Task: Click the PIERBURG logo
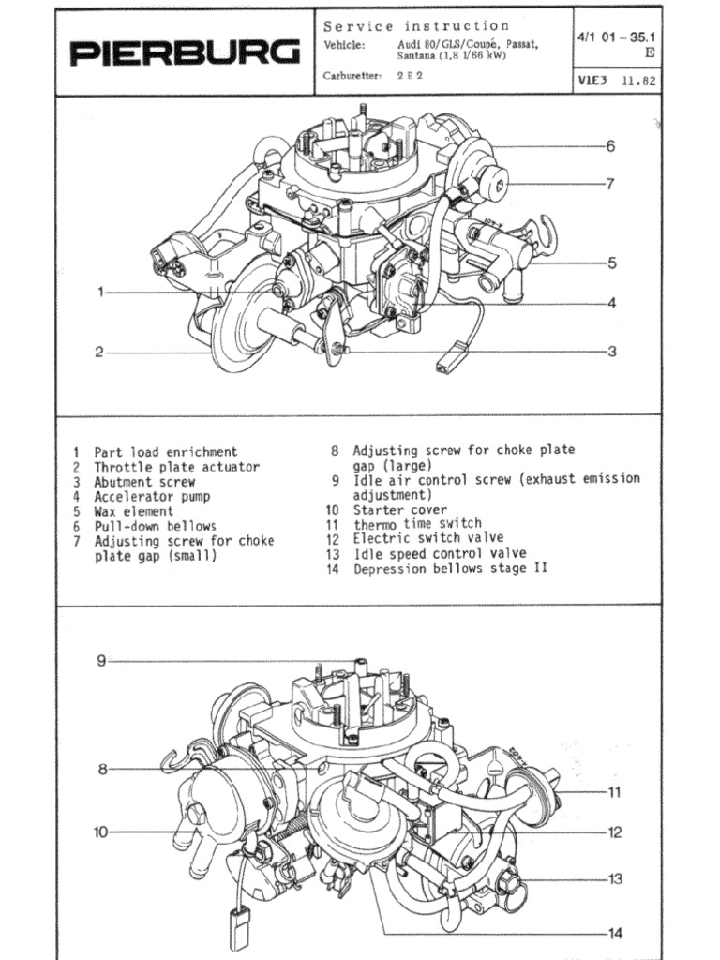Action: pos(186,52)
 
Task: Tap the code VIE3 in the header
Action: pos(594,81)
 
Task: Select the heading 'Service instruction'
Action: pos(416,26)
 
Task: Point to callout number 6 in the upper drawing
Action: pos(610,146)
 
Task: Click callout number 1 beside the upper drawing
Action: pos(101,292)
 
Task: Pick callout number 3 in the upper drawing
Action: pos(611,352)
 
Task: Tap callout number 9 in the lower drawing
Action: pos(101,661)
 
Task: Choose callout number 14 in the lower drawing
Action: pos(615,933)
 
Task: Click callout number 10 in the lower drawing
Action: pos(101,831)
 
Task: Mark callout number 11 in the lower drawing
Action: pos(615,792)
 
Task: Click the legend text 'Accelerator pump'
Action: pos(152,497)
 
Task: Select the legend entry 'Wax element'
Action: pos(133,512)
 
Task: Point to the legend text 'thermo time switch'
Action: pos(417,524)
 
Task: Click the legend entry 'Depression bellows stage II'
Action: pos(450,568)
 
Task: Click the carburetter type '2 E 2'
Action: pos(410,76)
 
